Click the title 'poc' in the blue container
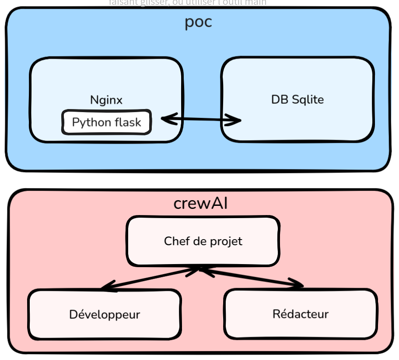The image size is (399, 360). (x=198, y=21)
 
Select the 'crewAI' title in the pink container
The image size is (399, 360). (x=200, y=204)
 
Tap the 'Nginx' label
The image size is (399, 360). (x=106, y=100)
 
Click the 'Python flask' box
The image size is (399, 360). (x=106, y=122)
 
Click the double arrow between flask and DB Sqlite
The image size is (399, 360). (x=201, y=119)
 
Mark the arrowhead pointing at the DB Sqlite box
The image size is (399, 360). (x=236, y=120)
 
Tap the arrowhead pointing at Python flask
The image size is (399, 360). (x=167, y=118)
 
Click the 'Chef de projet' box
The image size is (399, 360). (x=203, y=241)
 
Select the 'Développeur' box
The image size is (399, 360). (x=105, y=314)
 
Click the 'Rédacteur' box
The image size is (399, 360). (x=300, y=314)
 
